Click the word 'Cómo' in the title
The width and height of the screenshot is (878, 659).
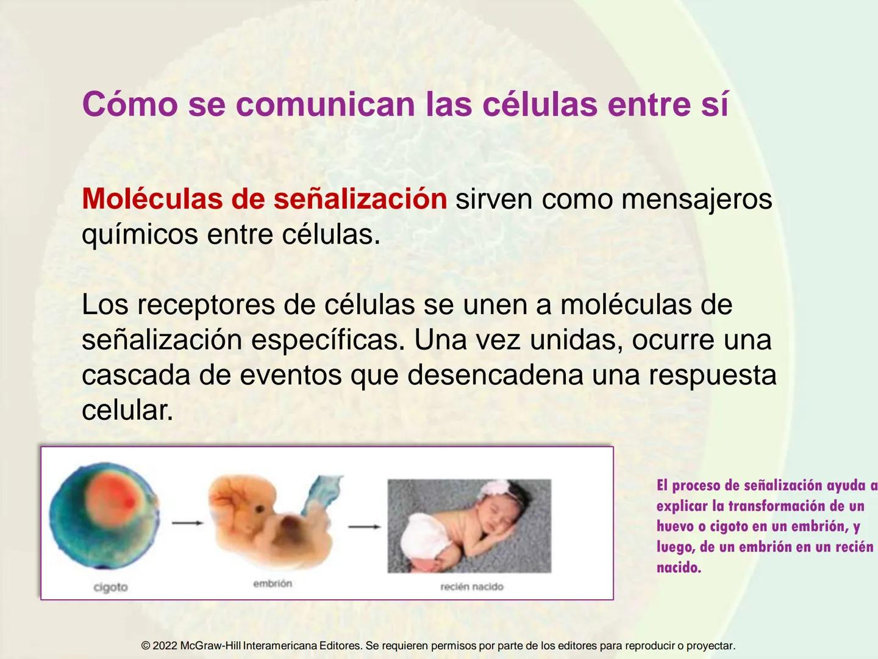130,104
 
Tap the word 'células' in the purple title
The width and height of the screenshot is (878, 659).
540,104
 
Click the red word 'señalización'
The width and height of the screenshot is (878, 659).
360,199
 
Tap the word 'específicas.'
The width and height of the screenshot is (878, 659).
327,340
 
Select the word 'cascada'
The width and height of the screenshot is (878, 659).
136,375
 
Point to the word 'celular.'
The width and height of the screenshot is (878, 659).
127,410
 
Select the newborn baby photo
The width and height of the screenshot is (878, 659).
469,526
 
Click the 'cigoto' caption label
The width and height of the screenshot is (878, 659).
110,587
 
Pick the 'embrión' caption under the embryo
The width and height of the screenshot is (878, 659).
273,584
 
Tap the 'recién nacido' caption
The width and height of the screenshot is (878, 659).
472,587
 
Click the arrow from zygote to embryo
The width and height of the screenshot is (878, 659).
187,523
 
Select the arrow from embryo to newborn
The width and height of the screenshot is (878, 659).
365,526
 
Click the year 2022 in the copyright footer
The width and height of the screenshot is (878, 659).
165,646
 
